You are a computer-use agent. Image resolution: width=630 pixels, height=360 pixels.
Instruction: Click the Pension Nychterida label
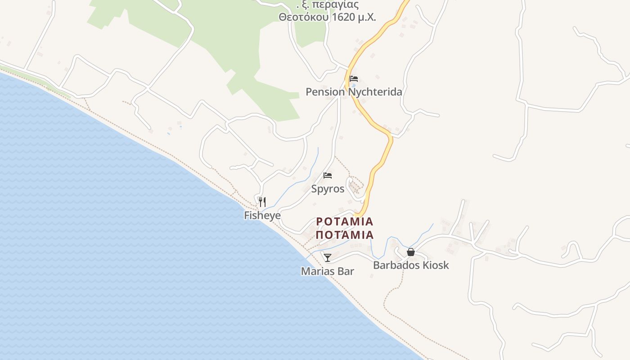(x=354, y=92)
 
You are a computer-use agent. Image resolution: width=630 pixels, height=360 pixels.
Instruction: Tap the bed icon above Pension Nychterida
(x=354, y=79)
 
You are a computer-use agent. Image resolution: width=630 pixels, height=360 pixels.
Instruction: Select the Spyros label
(x=328, y=189)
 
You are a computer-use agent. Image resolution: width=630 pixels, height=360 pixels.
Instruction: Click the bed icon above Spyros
(x=328, y=175)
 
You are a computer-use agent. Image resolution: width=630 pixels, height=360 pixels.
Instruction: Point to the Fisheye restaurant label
(x=262, y=216)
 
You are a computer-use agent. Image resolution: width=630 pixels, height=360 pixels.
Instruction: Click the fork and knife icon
(x=262, y=202)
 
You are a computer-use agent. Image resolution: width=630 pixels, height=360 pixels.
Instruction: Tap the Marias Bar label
(x=327, y=271)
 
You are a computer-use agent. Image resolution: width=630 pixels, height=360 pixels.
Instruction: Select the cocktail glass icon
(x=328, y=257)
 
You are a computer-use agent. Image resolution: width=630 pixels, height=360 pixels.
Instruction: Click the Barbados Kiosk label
(x=411, y=265)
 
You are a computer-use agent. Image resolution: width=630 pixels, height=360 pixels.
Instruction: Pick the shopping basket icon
(x=411, y=252)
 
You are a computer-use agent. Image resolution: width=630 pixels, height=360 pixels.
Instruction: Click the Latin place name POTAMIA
(x=345, y=221)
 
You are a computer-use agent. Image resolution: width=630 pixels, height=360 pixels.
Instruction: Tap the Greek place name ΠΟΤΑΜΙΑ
(x=345, y=235)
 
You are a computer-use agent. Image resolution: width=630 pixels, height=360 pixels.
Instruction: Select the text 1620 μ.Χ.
(x=354, y=18)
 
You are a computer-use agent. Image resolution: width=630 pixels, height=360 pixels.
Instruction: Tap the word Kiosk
(x=436, y=265)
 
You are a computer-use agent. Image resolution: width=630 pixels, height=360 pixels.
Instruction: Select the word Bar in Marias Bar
(x=345, y=271)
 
